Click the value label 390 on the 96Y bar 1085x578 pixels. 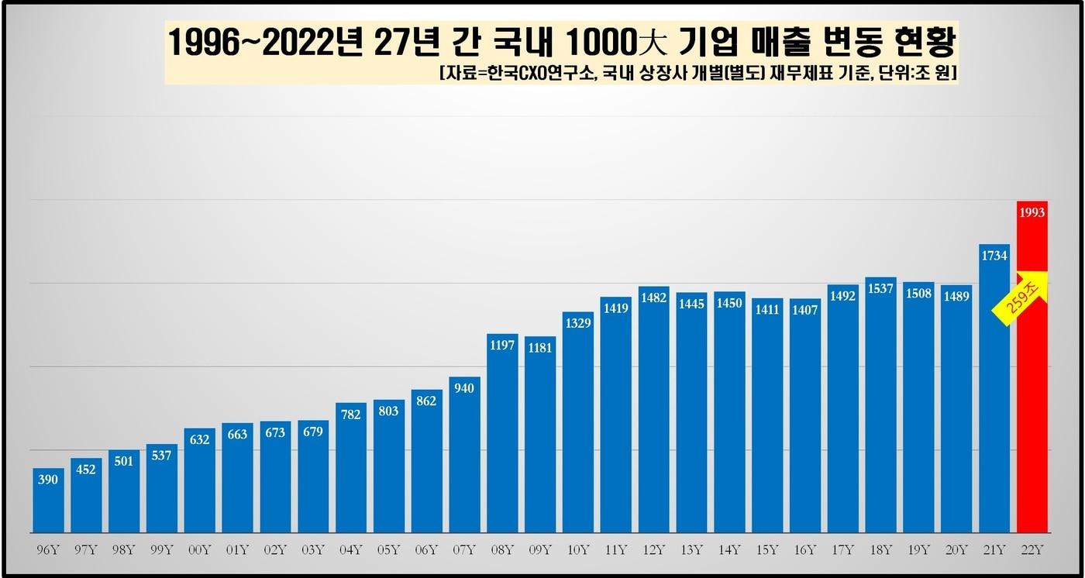(x=48, y=480)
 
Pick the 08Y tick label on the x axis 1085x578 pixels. (x=502, y=550)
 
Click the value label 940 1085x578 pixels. (x=465, y=388)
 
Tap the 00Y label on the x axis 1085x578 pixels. (x=199, y=550)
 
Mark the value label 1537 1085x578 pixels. (x=880, y=289)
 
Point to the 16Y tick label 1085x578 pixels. (x=804, y=550)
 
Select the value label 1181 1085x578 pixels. (x=540, y=348)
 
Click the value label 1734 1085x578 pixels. (x=994, y=255)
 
